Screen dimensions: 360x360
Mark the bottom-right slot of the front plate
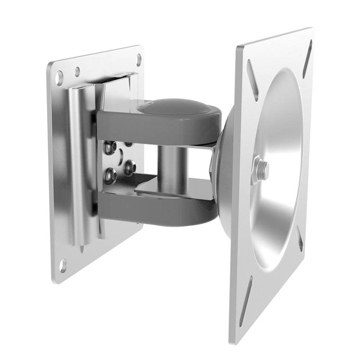pyautogui.click(x=300, y=239)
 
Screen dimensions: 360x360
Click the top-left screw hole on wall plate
pyautogui.click(x=59, y=78)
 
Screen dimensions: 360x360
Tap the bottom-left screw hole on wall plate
pyautogui.click(x=63, y=265)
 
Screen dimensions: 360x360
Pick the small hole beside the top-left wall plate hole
pyautogui.click(x=77, y=71)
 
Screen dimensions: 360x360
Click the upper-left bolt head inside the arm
pyautogui.click(x=109, y=147)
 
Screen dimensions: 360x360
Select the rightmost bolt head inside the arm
pyautogui.click(x=130, y=167)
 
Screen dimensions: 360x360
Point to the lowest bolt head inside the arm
pyautogui.click(x=110, y=176)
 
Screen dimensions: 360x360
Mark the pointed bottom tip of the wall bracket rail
pyautogui.click(x=82, y=249)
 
